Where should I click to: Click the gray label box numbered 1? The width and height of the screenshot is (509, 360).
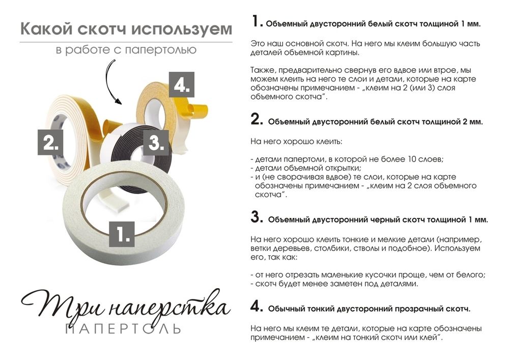[x=122, y=234]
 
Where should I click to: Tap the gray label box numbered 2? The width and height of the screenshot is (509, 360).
[x=50, y=142]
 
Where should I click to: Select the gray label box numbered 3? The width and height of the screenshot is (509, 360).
[x=156, y=143]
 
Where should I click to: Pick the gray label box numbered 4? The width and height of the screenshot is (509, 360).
[x=182, y=85]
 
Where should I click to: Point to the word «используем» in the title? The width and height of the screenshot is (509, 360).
[x=182, y=30]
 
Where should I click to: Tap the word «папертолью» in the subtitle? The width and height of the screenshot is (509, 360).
[x=161, y=50]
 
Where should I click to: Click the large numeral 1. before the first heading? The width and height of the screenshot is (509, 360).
[x=257, y=22]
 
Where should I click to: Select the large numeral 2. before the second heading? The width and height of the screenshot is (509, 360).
[x=257, y=119]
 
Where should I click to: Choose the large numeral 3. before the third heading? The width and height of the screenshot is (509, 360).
[x=257, y=217]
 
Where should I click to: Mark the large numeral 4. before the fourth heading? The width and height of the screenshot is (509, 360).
[x=257, y=307]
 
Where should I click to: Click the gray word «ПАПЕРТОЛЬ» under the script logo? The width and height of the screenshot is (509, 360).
[x=123, y=328]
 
